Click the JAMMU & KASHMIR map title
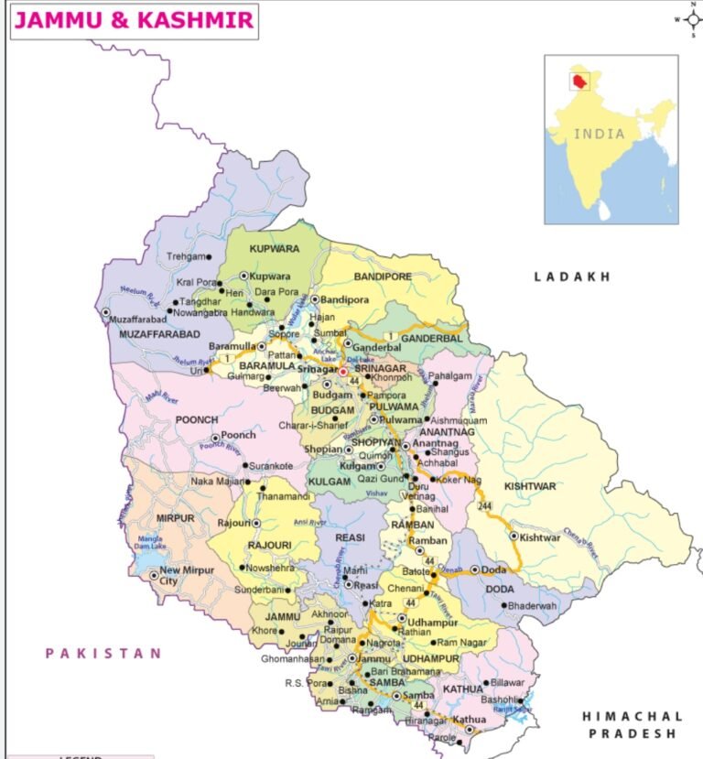click(134, 20)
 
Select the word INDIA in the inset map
click(600, 134)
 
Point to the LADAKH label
click(572, 276)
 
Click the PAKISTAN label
click(103, 653)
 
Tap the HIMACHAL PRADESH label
click(633, 724)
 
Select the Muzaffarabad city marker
click(106, 312)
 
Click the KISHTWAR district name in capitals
click(530, 487)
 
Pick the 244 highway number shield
click(483, 507)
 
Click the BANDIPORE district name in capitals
click(380, 275)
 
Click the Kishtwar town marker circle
click(514, 537)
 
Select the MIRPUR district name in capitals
click(175, 518)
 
